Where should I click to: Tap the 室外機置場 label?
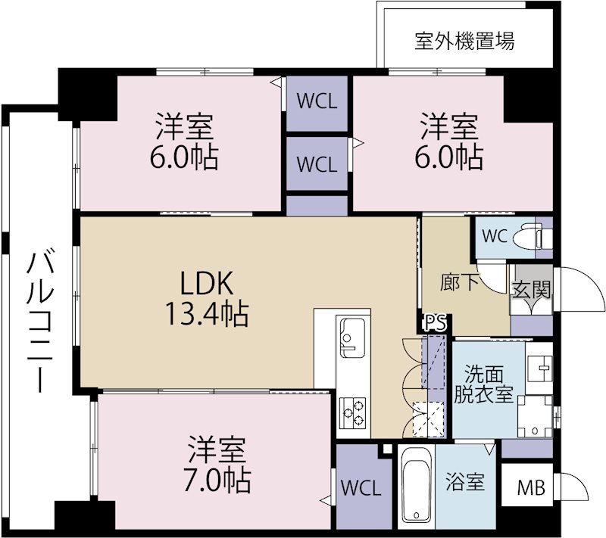tap(464, 41)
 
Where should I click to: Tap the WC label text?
tap(494, 235)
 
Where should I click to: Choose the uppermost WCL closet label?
tap(317, 101)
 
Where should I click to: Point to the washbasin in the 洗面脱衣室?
tap(541, 368)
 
